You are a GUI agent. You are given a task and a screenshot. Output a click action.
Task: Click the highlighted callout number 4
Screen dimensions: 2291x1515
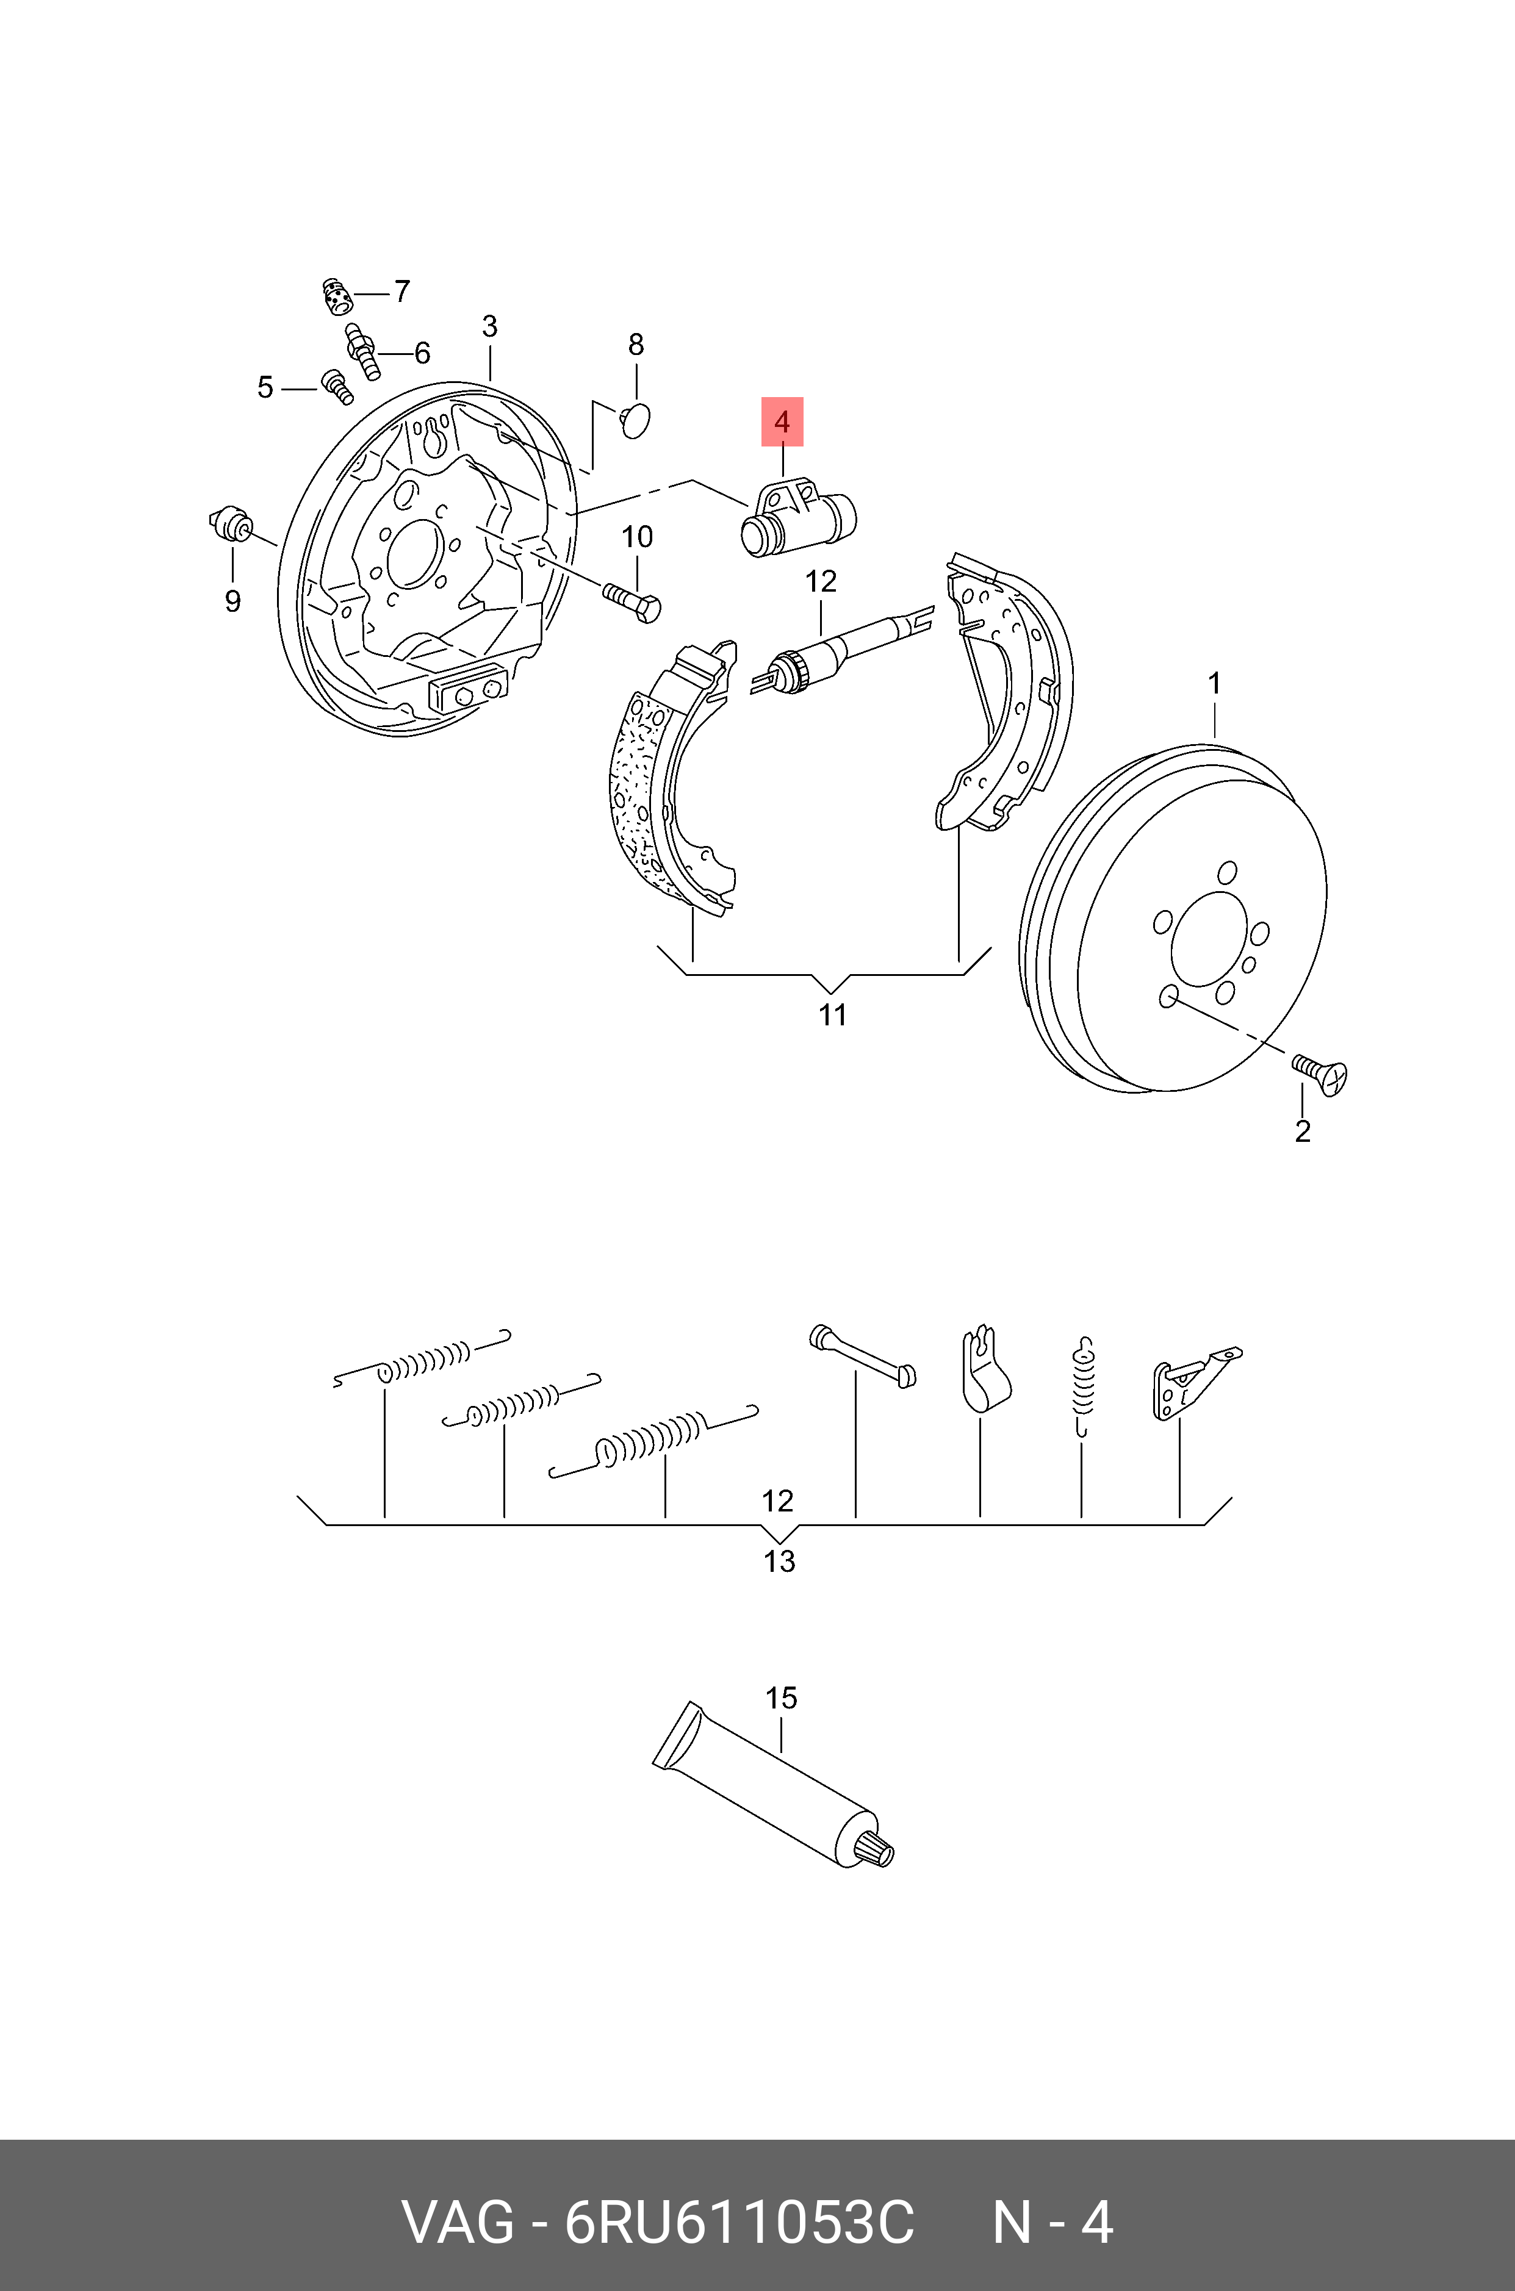pyautogui.click(x=782, y=422)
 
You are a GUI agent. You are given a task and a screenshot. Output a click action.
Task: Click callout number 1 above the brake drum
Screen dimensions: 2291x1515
pyautogui.click(x=1215, y=684)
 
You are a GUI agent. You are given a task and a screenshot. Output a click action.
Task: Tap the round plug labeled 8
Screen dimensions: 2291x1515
pyautogui.click(x=635, y=421)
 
